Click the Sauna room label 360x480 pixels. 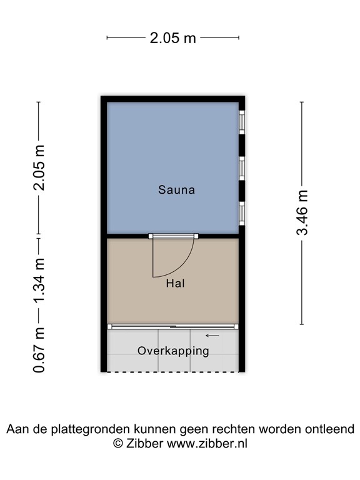(x=176, y=189)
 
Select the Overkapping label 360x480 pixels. (x=173, y=351)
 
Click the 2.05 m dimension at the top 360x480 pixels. (x=172, y=38)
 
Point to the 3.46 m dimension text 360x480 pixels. (x=302, y=213)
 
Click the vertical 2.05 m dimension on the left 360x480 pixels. (x=39, y=168)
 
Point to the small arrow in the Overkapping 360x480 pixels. (x=212, y=336)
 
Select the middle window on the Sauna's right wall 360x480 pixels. (x=241, y=167)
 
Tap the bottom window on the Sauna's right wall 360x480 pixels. (x=241, y=212)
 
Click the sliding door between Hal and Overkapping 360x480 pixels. (x=173, y=326)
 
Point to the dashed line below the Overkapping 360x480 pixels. (x=173, y=372)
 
